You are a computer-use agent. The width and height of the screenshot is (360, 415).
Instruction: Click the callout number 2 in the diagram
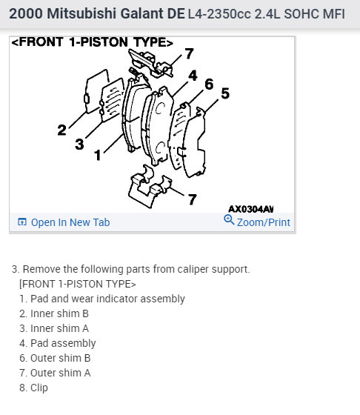[62, 130]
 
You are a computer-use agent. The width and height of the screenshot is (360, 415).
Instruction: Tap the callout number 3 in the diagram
[79, 145]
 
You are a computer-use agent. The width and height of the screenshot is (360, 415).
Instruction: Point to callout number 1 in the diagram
[98, 155]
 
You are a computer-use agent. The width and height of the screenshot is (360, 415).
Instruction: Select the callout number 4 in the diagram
[193, 76]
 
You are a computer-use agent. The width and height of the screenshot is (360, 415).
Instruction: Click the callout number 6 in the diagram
[209, 84]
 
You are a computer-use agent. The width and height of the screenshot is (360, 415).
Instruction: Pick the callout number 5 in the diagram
[225, 93]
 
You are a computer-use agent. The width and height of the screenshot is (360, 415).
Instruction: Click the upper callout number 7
[189, 53]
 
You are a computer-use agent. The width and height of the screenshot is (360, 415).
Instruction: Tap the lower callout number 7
[193, 199]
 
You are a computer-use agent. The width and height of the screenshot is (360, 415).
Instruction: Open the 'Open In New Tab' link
[64, 222]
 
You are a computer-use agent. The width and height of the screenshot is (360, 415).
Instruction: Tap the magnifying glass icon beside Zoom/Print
[229, 220]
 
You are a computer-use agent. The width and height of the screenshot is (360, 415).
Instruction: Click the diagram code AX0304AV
[251, 209]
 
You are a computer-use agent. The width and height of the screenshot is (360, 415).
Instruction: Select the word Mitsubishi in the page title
[81, 13]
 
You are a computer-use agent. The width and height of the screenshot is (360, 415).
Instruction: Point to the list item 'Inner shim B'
[54, 313]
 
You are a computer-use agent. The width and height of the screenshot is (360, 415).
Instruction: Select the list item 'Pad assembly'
[57, 343]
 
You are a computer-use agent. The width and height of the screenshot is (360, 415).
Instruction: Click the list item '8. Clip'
[33, 388]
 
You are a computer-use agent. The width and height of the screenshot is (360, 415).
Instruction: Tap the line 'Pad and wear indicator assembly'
[102, 299]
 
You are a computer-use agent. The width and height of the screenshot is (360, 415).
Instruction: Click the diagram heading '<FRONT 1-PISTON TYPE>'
[93, 42]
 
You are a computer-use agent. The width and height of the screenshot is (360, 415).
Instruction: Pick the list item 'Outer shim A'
[55, 373]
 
